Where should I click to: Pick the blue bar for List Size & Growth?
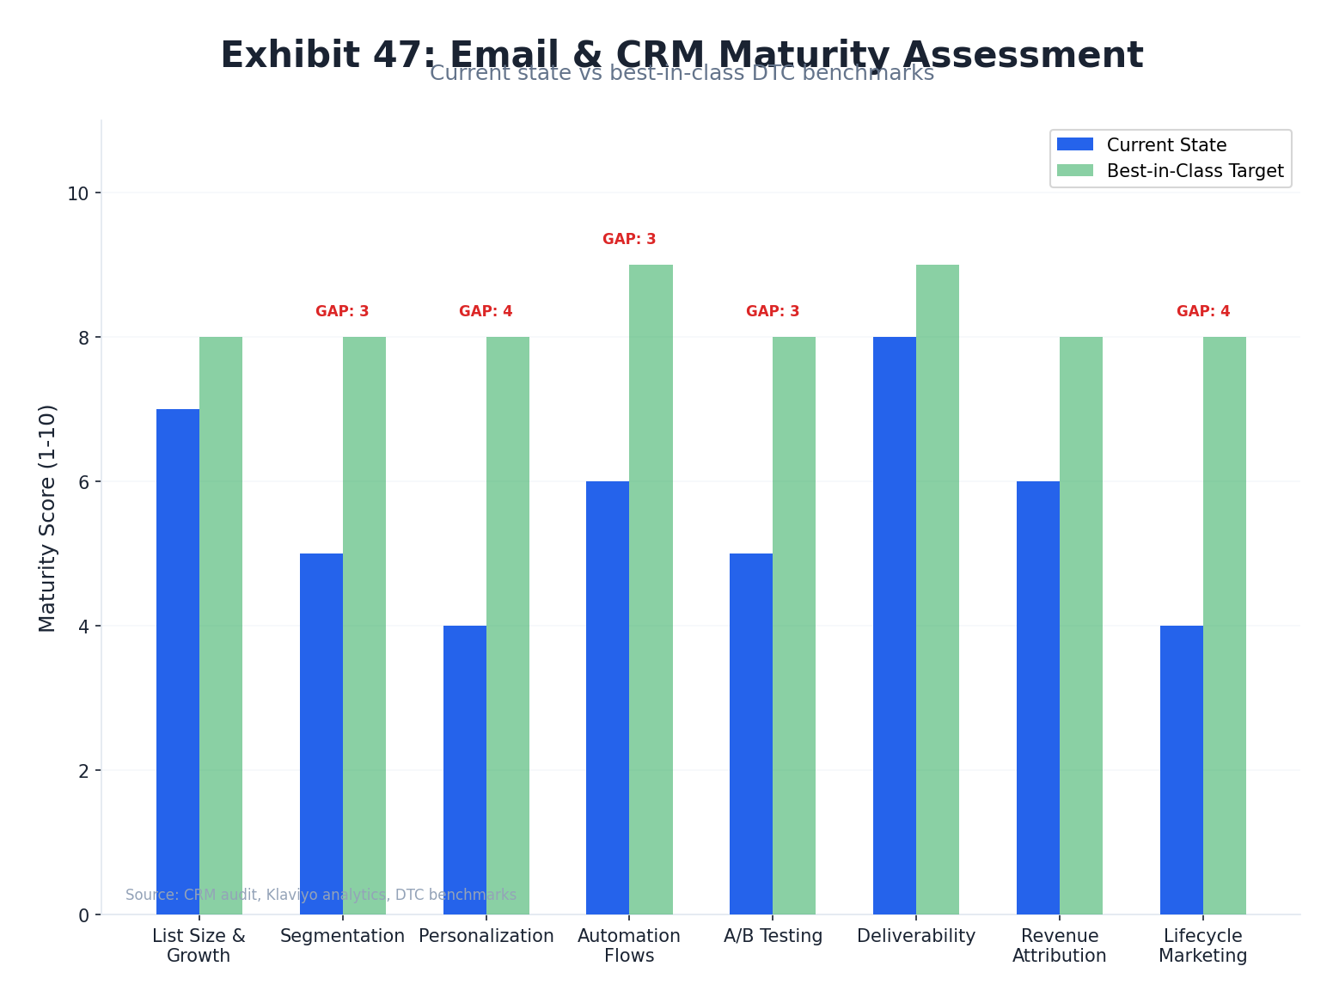178,662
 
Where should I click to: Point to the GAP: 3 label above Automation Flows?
629,240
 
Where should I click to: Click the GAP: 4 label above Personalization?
486,312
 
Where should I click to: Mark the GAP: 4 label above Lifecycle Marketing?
1202,312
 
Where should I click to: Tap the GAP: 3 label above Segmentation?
342,312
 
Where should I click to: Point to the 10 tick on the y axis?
78,193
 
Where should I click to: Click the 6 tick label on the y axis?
83,482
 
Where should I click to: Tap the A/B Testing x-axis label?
773,937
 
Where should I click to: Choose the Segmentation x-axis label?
342,937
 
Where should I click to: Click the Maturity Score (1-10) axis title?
47,517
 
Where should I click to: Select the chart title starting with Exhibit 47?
682,54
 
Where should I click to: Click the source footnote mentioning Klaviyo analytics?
321,895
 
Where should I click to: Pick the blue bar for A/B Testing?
750,734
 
